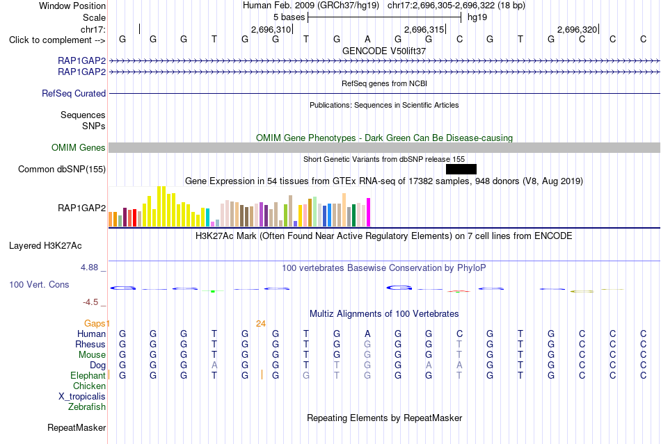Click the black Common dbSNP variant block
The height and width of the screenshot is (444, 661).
coord(461,169)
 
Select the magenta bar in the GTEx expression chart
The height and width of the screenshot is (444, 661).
coord(369,213)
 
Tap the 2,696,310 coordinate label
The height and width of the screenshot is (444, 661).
coord(271,29)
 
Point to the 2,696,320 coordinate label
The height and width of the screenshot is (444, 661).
coord(577,29)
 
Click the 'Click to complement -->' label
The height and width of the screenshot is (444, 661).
coord(57,40)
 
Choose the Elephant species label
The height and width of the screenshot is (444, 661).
coord(88,375)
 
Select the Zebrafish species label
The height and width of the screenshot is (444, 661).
coord(87,406)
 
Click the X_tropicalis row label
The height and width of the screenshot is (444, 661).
coord(82,397)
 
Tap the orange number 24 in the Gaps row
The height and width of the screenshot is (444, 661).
coord(261,323)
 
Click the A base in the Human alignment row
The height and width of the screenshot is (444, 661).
coord(367,334)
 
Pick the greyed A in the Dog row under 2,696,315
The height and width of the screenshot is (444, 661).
coord(429,365)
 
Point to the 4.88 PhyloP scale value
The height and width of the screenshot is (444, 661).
coord(89,268)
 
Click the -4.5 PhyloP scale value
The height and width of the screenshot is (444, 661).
coord(90,302)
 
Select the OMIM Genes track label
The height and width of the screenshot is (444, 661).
coord(79,148)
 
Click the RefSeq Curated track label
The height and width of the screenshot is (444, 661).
coord(74,93)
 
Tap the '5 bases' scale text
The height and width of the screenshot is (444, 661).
coord(289,17)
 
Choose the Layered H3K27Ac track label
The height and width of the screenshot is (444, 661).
coord(45,246)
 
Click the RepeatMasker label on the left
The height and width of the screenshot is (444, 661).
coord(77,427)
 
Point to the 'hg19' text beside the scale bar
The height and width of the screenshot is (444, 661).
coord(477,17)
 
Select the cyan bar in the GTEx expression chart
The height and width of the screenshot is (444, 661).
coord(207,217)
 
